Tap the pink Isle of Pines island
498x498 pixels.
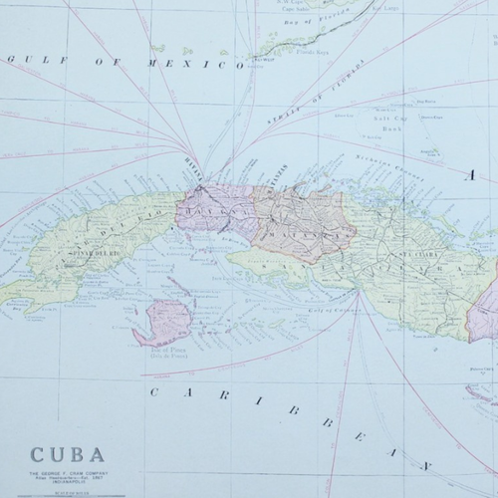(x=165, y=321)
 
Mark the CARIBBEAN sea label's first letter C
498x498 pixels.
(x=155, y=391)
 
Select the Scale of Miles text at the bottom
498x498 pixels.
(x=71, y=495)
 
